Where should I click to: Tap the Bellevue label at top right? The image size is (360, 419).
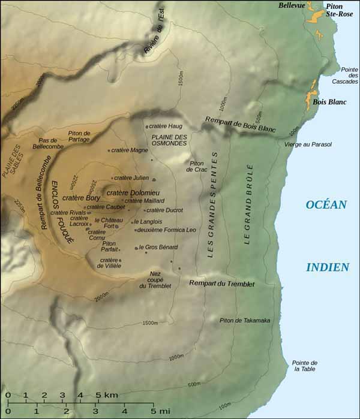pos(292,5)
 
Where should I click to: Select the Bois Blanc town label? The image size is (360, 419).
pos(329,102)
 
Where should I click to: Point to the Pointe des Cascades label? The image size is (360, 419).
pos(349,76)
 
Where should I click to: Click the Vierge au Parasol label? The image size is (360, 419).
pos(308,144)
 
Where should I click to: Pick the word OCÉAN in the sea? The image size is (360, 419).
pos(326,205)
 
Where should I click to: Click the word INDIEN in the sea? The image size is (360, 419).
pos(328,267)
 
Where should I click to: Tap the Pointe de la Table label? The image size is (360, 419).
pos(305,366)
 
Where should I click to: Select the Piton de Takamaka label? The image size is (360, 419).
pos(245,321)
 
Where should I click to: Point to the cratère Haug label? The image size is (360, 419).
pos(166,126)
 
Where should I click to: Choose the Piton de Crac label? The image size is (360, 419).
pos(197,166)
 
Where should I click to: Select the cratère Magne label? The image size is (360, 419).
pos(130,150)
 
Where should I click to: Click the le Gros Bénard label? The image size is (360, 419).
pos(160,247)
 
